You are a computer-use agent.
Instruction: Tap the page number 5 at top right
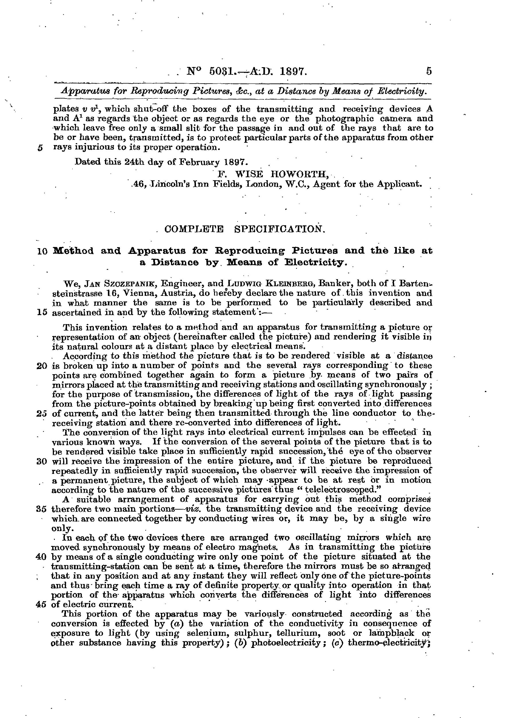[429, 72]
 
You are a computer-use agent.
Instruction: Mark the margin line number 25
[41, 413]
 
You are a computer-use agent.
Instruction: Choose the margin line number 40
[41, 557]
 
